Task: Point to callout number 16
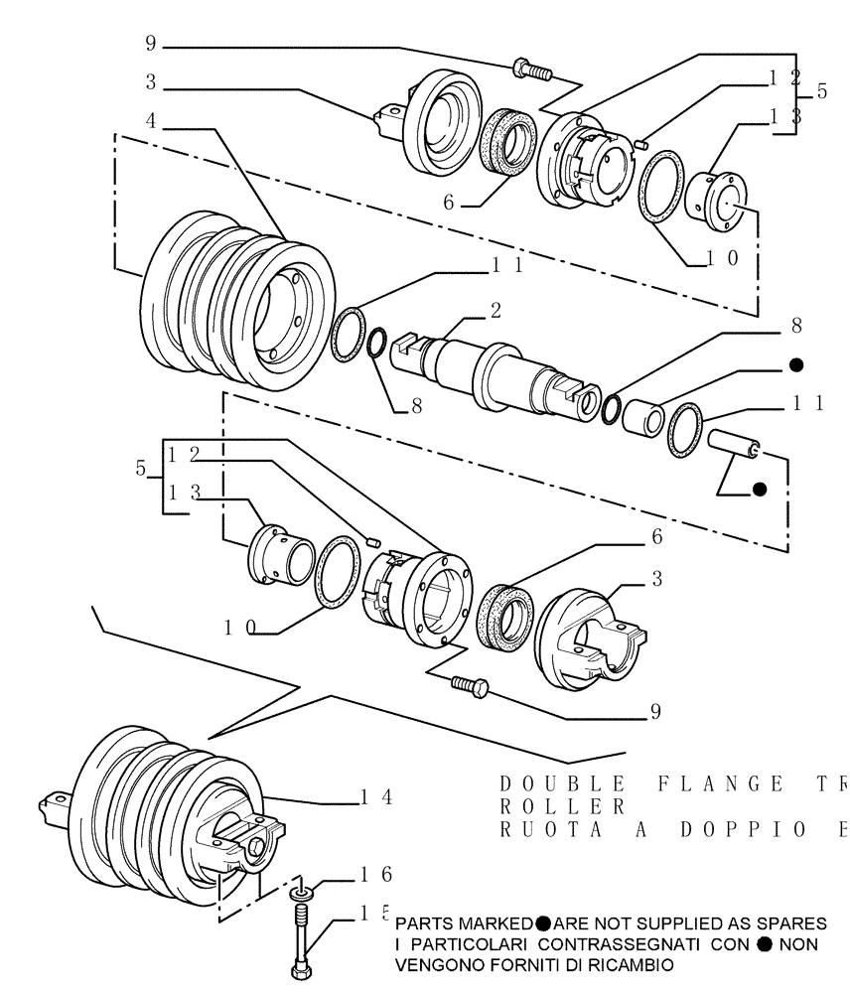pyautogui.click(x=376, y=874)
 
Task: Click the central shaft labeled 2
pyautogui.click(x=496, y=372)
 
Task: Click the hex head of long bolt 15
pyautogui.click(x=301, y=969)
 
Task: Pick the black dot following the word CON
pyautogui.click(x=764, y=944)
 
